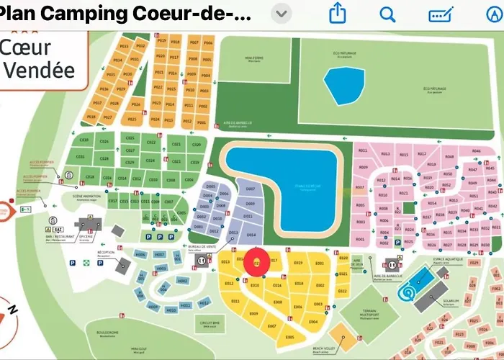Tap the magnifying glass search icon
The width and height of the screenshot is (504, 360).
pos(388,14)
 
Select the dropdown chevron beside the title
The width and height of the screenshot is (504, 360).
pos(284,14)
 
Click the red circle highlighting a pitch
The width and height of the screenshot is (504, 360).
pos(258,263)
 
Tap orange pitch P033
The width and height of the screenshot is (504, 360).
pos(124,46)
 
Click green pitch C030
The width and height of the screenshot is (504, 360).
pos(84,140)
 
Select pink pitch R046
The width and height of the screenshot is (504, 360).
pos(476,151)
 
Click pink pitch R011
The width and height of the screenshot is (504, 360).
pos(363,150)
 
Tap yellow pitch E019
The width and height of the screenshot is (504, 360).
pos(298,263)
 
